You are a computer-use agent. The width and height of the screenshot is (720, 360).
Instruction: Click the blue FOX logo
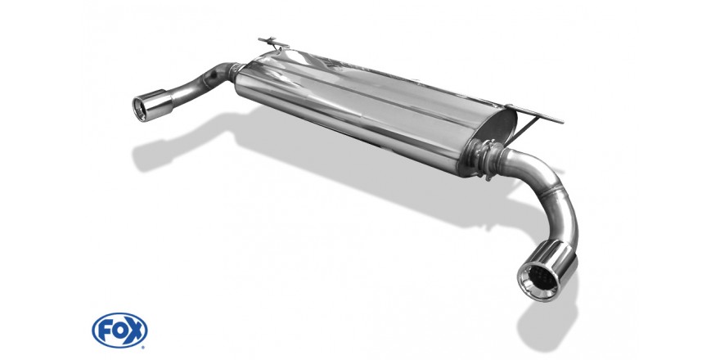click(x=119, y=331)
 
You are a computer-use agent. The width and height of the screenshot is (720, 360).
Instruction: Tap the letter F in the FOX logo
click(x=104, y=331)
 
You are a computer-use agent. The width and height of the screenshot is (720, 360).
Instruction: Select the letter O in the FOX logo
click(x=119, y=331)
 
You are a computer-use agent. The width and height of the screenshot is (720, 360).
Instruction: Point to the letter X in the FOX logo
click(x=135, y=331)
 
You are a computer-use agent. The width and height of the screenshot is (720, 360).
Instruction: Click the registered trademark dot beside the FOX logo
click(x=142, y=347)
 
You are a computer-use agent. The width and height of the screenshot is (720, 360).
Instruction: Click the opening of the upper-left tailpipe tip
click(x=140, y=109)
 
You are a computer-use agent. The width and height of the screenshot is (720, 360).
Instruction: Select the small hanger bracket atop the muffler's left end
click(x=273, y=43)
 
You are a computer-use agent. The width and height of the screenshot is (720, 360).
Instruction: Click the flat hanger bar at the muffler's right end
click(x=535, y=114)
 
